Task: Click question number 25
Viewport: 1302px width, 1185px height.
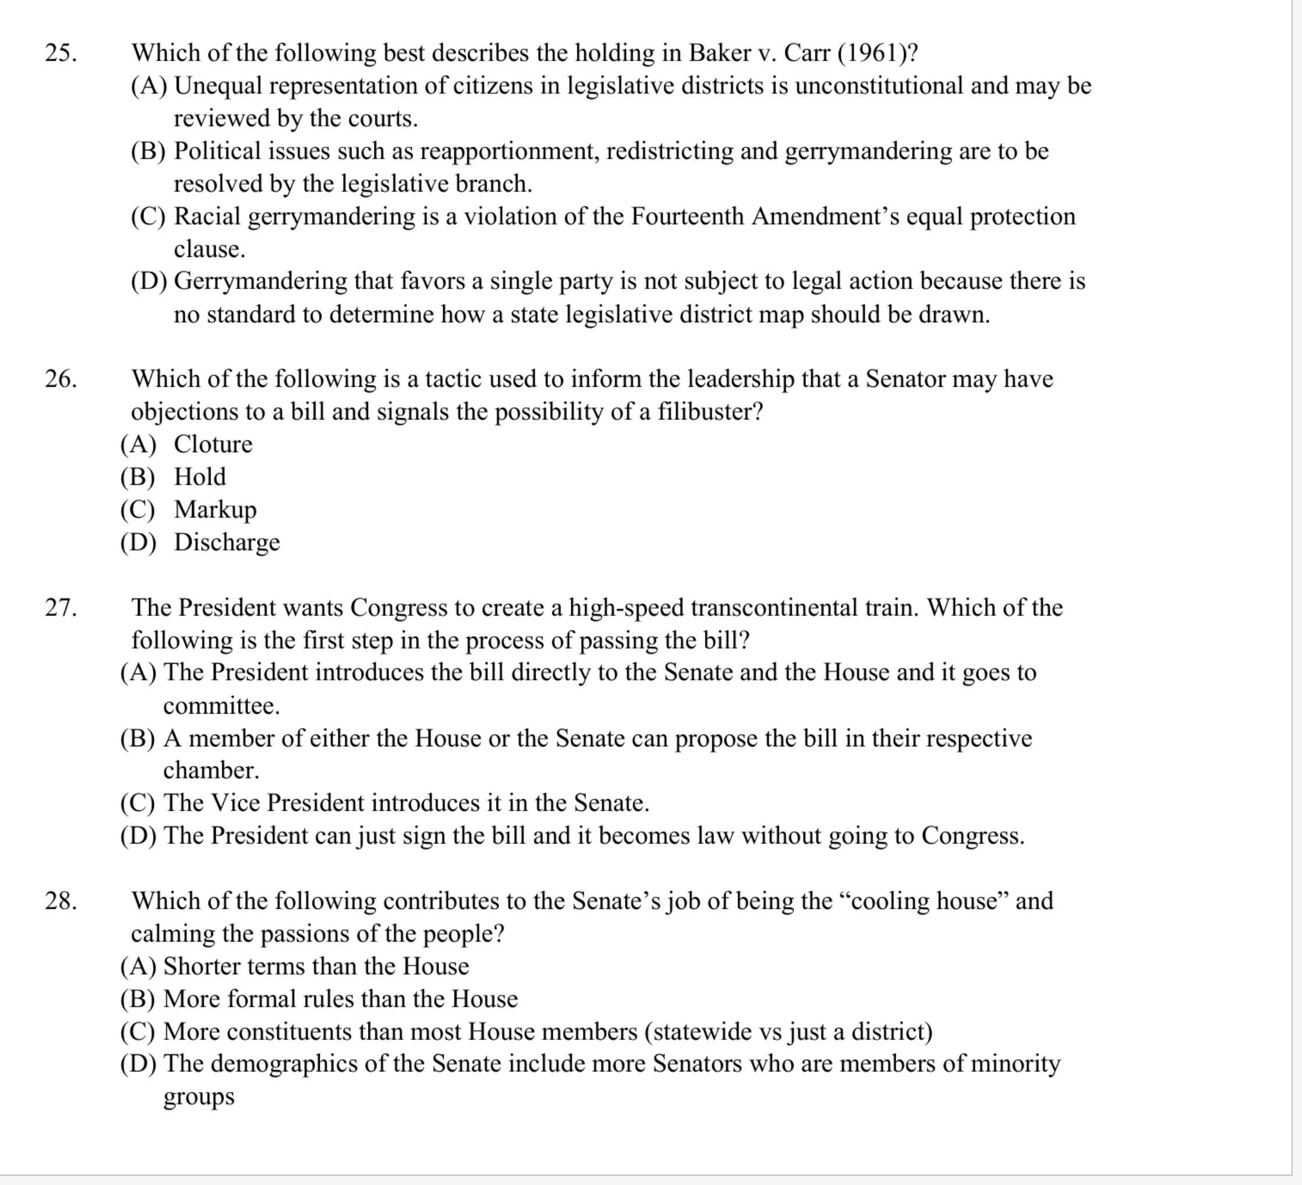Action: tap(61, 53)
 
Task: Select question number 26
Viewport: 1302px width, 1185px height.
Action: tap(61, 379)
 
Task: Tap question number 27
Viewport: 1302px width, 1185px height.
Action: tap(61, 608)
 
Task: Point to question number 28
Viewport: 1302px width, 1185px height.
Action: tap(61, 901)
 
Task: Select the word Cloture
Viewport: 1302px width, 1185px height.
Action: tap(213, 444)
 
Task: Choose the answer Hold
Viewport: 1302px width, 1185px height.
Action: tap(200, 477)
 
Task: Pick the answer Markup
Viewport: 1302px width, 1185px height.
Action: tap(215, 509)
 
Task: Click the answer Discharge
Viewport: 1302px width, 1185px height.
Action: tap(227, 541)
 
